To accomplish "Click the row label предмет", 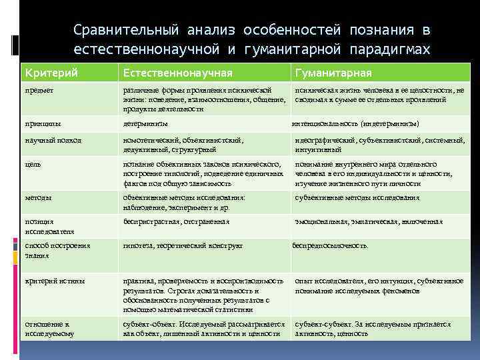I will (39, 89).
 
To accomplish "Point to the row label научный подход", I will (53, 140).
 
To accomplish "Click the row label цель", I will (33, 163).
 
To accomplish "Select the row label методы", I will (39, 197).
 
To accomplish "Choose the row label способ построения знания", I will (57, 250).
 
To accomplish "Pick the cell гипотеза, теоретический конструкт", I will (183, 245).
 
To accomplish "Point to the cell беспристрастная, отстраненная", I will (176, 221).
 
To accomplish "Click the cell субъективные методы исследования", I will (357, 197).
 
